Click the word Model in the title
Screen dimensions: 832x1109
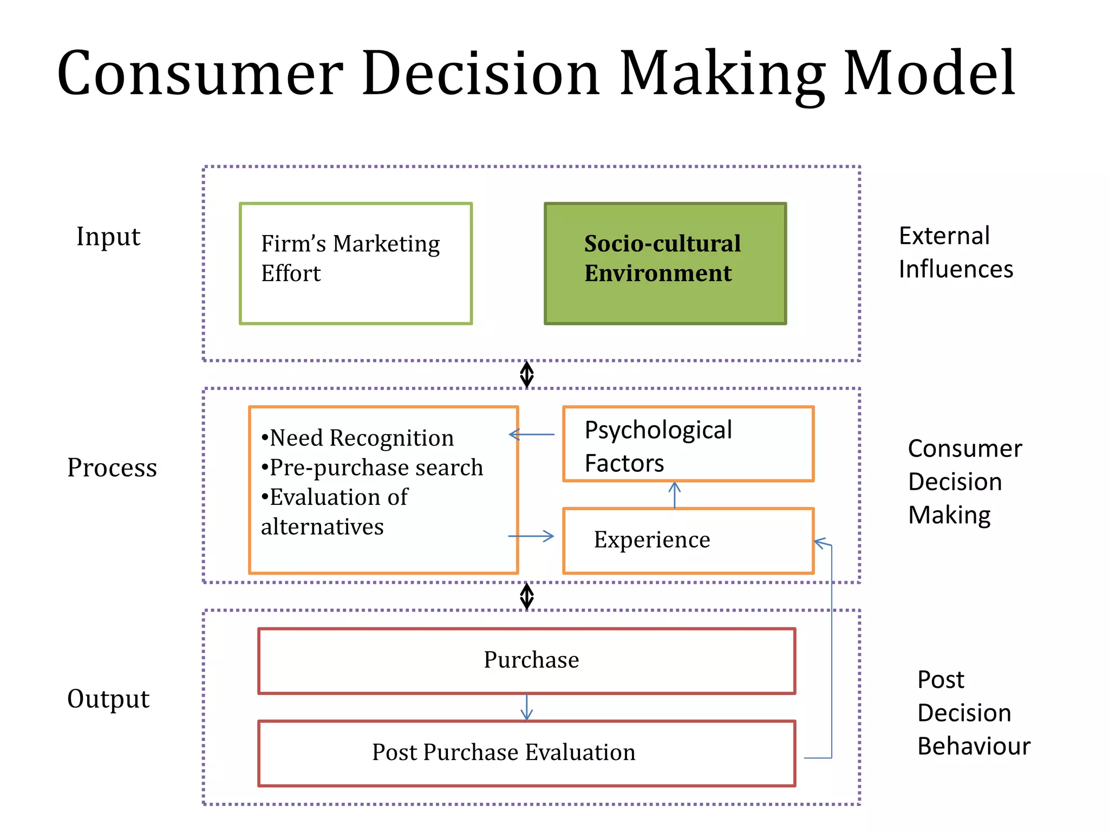929,73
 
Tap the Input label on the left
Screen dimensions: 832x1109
108,237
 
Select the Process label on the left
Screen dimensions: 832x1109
112,467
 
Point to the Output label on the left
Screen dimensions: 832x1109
108,699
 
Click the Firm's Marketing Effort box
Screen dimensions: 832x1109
356,264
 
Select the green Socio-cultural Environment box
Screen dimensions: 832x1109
665,264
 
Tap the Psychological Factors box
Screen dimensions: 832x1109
688,444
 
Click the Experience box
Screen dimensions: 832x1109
688,540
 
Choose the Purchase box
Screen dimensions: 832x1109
526,661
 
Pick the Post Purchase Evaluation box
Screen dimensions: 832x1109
526,753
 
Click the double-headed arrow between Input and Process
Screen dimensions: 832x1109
527,374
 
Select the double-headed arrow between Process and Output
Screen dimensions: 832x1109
527,596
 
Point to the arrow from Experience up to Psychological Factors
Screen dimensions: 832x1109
674,495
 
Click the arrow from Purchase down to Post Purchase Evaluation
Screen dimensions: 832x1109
526,707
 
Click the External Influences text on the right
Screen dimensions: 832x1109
955,252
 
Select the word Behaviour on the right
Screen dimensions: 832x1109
974,746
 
